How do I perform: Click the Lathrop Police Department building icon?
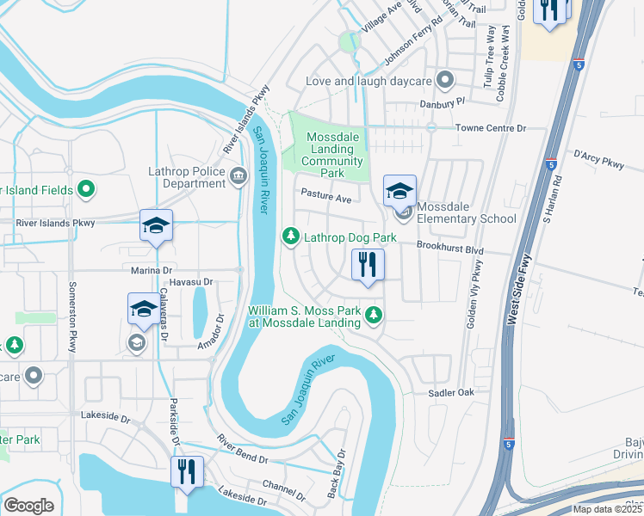coord(238,177)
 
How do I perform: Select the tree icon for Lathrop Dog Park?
coord(291,236)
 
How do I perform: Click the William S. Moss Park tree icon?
coord(374,316)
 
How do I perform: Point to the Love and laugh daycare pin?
coord(444,82)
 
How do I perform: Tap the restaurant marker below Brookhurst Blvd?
coord(368,265)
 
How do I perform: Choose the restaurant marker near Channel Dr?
coord(187,471)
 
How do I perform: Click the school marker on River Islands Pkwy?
coord(156,226)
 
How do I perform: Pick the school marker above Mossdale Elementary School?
coord(399,191)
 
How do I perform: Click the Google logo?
coord(28,505)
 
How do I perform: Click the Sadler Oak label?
coord(452,392)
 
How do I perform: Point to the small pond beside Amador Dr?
coord(200,310)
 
